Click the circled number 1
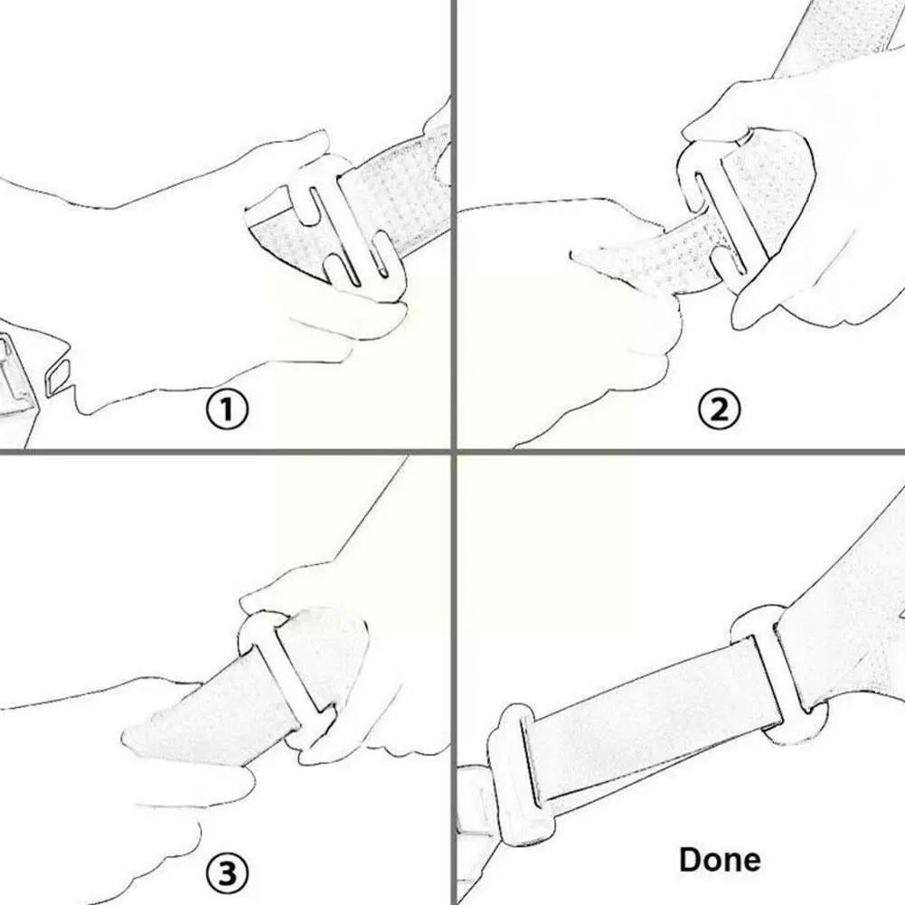click(x=226, y=411)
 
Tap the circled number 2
click(x=719, y=411)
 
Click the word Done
click(x=720, y=859)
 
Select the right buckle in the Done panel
click(x=778, y=674)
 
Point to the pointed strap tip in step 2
click(x=588, y=258)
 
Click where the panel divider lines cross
click(x=452, y=450)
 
